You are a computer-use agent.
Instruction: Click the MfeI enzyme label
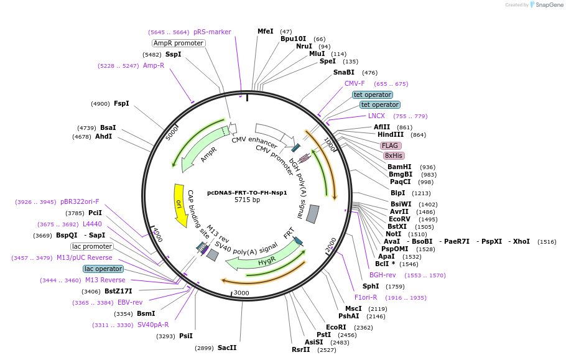(x=265, y=31)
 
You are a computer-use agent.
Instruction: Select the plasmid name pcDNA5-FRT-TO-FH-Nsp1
(x=247, y=193)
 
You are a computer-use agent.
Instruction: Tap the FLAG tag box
(x=390, y=145)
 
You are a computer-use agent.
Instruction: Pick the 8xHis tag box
(x=393, y=155)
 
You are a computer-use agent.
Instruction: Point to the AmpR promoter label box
(x=179, y=43)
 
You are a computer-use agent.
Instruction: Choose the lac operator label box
(x=103, y=269)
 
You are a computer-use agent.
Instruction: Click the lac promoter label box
(x=92, y=246)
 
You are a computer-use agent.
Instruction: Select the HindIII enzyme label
(x=391, y=134)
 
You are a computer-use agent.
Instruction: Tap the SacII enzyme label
(x=227, y=348)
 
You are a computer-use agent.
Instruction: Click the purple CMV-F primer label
(x=355, y=83)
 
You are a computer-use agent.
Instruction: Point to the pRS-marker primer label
(x=212, y=32)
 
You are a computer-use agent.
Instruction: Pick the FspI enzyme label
(x=121, y=103)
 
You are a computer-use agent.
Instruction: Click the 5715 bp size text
(x=247, y=200)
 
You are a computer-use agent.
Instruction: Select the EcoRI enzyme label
(x=336, y=327)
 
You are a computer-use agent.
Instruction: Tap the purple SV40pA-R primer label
(x=153, y=325)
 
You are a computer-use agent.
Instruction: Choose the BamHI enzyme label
(x=399, y=167)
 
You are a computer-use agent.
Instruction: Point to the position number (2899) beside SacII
(x=204, y=348)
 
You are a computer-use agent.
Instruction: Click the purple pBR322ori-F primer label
(x=80, y=201)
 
